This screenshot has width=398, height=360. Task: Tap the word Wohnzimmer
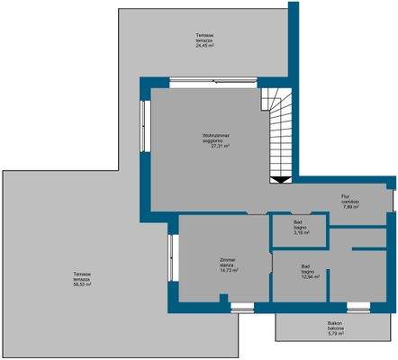(x=216, y=136)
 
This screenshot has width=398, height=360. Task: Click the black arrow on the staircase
(x=281, y=179)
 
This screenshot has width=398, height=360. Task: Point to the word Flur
(x=345, y=196)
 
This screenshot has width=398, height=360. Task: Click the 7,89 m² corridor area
(x=350, y=207)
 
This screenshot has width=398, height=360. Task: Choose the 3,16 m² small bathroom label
(x=299, y=234)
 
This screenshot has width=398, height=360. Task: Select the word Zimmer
(x=228, y=259)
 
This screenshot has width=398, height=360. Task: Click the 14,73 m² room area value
(x=228, y=270)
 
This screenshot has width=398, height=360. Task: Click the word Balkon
(x=336, y=324)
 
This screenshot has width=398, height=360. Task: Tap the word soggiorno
(x=216, y=141)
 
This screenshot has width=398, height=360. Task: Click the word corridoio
(x=350, y=202)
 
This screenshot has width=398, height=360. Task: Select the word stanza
(x=228, y=265)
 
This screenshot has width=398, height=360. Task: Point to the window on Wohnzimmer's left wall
(x=143, y=126)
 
